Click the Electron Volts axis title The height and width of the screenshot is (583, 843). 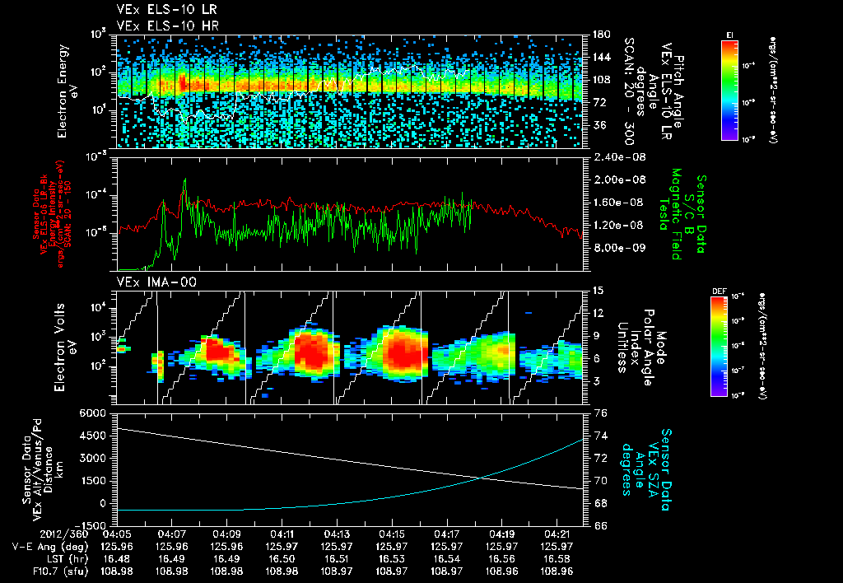(68, 347)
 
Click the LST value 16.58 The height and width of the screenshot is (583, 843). (557, 558)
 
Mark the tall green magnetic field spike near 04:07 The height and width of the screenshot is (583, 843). (184, 183)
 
